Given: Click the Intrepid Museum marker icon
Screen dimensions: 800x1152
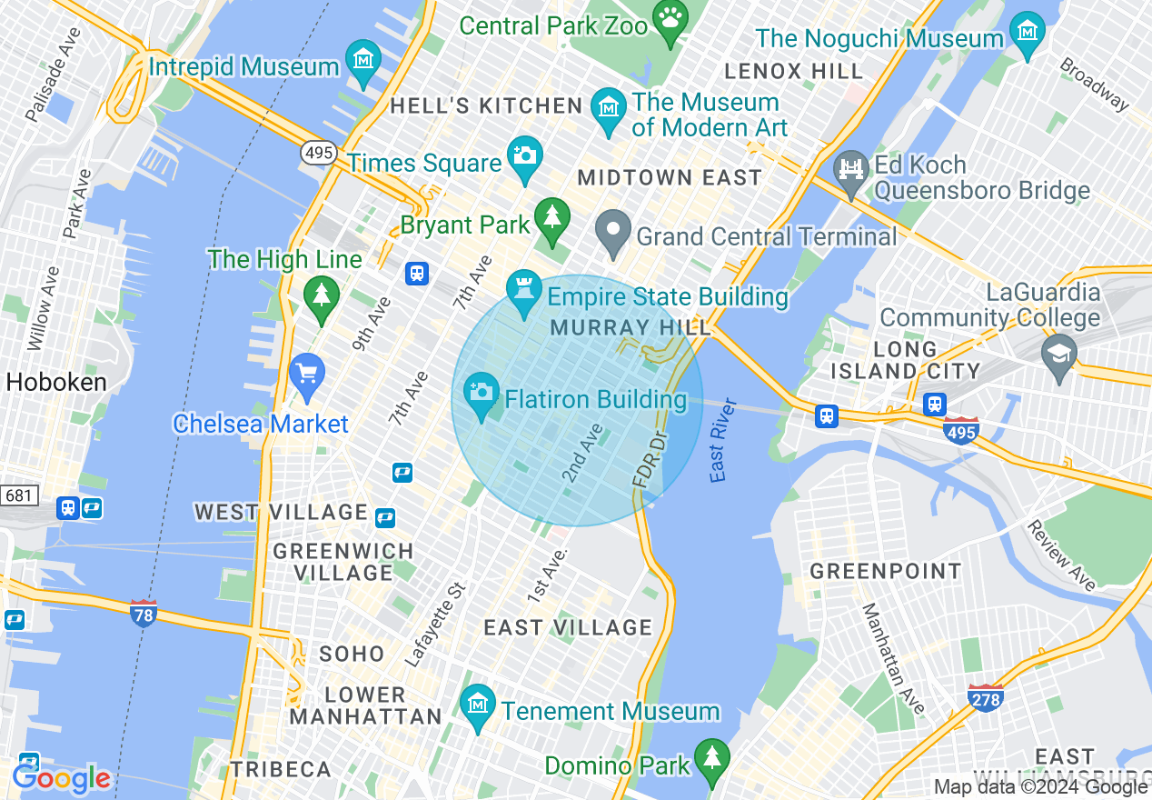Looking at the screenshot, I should tap(363, 58).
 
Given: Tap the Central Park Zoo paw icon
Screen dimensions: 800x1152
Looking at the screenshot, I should tap(670, 18).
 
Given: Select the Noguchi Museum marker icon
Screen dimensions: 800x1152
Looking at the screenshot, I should tap(1028, 31).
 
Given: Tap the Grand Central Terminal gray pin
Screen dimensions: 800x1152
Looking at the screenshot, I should tap(613, 228).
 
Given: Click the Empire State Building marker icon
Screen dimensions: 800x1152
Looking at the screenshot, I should tap(524, 288).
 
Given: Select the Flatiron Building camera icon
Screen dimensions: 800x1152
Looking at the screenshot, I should tap(482, 392).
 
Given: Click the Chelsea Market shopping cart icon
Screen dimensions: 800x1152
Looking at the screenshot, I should tap(307, 373).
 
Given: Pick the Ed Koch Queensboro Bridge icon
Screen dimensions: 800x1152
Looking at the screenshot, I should tap(852, 169).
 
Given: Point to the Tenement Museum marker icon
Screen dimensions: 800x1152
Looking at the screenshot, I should tap(476, 703).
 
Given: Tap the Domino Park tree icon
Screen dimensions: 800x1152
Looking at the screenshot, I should tap(711, 757).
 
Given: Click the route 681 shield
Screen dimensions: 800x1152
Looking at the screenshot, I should tap(18, 495).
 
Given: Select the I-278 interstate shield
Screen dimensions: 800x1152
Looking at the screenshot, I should tap(986, 698).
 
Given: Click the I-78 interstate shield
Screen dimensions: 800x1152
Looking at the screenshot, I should tap(144, 613).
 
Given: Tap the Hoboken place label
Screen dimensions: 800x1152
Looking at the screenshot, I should tap(56, 383).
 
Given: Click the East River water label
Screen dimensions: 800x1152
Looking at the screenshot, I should tap(721, 440).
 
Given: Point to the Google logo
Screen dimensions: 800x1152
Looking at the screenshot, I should tap(62, 778).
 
